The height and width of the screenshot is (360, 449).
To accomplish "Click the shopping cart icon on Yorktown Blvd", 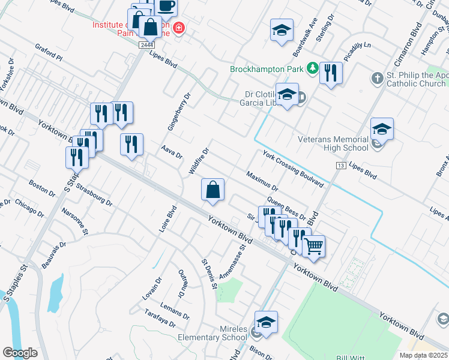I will pyautogui.click(x=313, y=245).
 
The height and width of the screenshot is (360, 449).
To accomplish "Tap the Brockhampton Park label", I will pyautogui.click(x=267, y=68).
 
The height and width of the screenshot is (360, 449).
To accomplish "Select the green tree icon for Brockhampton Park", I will pyautogui.click(x=312, y=68).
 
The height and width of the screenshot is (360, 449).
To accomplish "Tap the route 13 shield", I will pyautogui.click(x=341, y=165).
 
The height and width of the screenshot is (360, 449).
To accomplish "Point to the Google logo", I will pyautogui.click(x=20, y=353).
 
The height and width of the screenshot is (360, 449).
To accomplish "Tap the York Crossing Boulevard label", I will pyautogui.click(x=293, y=169).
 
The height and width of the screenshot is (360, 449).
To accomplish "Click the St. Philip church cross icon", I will pyautogui.click(x=376, y=78).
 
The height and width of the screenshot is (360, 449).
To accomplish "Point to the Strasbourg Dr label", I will pyautogui.click(x=95, y=195).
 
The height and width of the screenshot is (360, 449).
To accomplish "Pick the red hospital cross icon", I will pyautogui.click(x=178, y=28).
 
